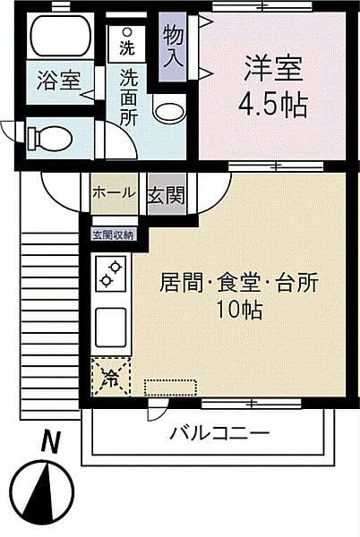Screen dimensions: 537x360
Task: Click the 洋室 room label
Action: click(x=271, y=70)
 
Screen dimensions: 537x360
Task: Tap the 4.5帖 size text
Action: click(x=271, y=106)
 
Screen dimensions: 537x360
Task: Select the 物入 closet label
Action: click(x=174, y=47)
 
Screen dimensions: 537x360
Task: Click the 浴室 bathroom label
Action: click(x=59, y=81)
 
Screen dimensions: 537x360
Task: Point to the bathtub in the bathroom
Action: click(x=61, y=36)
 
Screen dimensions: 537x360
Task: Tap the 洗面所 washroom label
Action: click(x=129, y=97)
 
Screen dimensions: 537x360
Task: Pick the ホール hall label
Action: click(x=114, y=192)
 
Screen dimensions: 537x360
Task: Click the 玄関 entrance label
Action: click(x=167, y=193)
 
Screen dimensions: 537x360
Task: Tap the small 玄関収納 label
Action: click(x=113, y=235)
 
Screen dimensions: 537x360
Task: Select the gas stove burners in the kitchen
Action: click(x=110, y=274)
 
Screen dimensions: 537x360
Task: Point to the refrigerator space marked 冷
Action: click(x=110, y=377)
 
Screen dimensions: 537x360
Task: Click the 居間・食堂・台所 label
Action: click(x=238, y=285)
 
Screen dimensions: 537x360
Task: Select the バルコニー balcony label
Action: click(x=219, y=433)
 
